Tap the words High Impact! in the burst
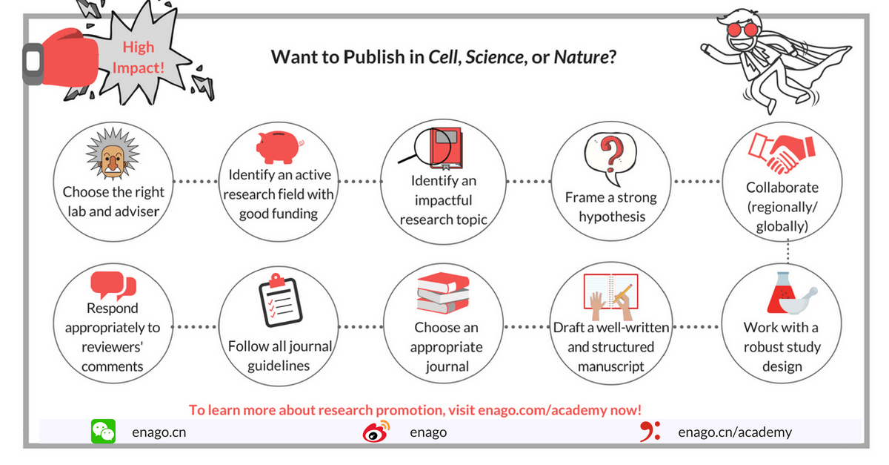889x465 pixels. point(138,57)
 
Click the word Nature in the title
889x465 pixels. point(581,57)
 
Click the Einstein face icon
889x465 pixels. point(113,154)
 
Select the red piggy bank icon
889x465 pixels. point(279,147)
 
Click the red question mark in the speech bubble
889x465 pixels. point(612,150)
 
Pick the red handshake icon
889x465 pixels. point(782,154)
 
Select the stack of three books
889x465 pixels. point(443,293)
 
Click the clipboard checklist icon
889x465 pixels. point(280,300)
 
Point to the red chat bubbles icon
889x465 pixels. point(113,286)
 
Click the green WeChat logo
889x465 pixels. point(103,431)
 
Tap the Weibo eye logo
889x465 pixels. point(376,432)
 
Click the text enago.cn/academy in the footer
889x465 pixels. point(735,432)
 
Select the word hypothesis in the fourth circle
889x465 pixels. point(612,217)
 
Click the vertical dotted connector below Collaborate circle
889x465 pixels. point(788,251)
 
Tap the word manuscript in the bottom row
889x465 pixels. point(610,366)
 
